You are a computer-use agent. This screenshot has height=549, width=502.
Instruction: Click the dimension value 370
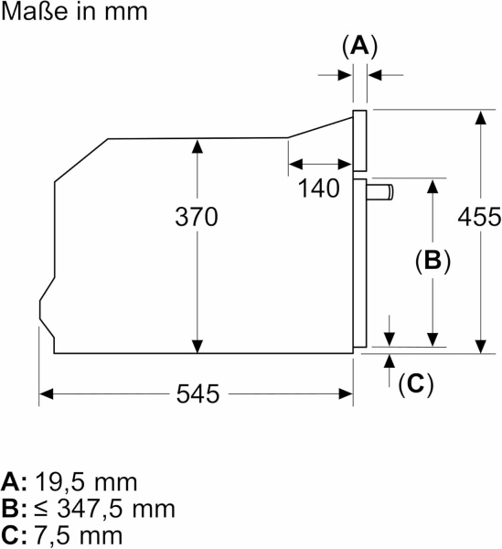point(197,218)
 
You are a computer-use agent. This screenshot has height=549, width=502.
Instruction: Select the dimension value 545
point(197,394)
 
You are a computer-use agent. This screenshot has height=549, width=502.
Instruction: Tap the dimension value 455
point(480,218)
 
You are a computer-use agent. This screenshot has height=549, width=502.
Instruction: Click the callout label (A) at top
point(359,46)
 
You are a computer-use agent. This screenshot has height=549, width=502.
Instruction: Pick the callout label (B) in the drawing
point(432,260)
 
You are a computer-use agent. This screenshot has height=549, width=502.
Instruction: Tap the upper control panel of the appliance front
point(359,141)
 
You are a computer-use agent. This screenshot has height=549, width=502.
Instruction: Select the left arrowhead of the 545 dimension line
point(46,394)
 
